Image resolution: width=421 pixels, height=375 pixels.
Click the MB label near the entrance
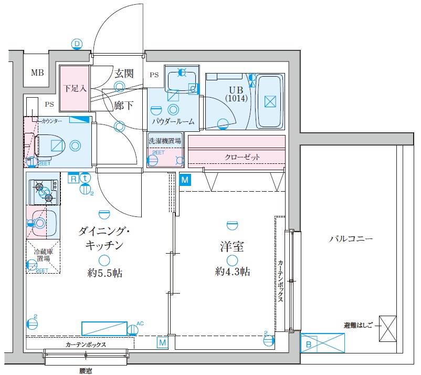(x=37, y=73)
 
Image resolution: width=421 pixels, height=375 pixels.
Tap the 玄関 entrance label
(x=123, y=73)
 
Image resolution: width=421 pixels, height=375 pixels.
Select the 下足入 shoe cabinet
(x=75, y=88)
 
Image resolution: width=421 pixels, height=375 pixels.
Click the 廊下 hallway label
(x=123, y=105)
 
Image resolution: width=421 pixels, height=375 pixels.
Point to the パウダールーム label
(x=173, y=121)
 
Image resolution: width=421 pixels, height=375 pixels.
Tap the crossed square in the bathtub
(x=270, y=101)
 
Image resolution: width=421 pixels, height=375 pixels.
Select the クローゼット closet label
(x=242, y=157)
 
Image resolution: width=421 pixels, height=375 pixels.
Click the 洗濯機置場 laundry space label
(x=165, y=141)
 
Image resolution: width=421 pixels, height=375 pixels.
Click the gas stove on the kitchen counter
(x=44, y=191)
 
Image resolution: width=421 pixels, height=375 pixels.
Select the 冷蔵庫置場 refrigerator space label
(x=43, y=255)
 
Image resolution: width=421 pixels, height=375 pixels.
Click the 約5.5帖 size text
(x=105, y=273)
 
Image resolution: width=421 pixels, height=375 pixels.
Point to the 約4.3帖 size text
(x=232, y=272)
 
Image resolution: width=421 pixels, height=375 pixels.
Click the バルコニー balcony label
(x=351, y=238)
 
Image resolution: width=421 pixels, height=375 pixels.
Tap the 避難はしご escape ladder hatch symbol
(x=387, y=328)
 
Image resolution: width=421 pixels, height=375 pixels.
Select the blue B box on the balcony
(x=309, y=345)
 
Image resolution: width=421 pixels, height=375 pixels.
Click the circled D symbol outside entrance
(x=77, y=44)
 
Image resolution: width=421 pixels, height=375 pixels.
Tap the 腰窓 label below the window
(x=86, y=370)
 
